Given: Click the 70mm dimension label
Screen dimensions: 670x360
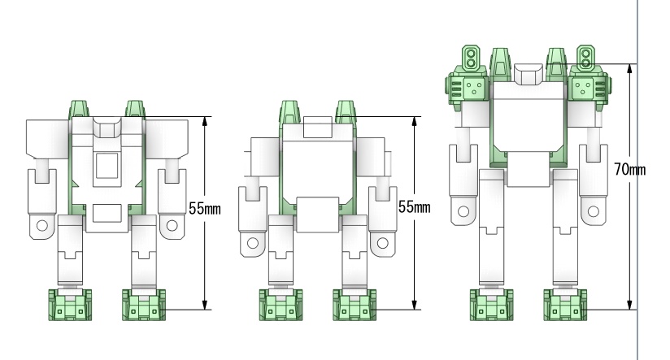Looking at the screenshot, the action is [x=630, y=169].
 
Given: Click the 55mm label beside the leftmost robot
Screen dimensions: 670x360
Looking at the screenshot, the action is [x=205, y=208].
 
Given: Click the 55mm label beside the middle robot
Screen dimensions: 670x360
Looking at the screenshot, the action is [x=414, y=206].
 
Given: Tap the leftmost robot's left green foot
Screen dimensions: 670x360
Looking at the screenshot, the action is [x=70, y=305].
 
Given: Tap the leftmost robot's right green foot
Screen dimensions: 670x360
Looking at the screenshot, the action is [x=144, y=305].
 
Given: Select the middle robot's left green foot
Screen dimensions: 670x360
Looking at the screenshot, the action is [x=281, y=305].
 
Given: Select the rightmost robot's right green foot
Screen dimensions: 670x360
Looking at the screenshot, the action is [x=565, y=305].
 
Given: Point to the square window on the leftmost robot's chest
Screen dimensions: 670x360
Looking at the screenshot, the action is [x=107, y=166].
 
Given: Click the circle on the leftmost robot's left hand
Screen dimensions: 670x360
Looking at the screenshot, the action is [x=42, y=225].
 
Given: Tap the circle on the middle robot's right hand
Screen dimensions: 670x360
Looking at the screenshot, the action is [x=382, y=244].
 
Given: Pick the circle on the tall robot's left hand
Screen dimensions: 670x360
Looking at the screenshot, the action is [x=463, y=211].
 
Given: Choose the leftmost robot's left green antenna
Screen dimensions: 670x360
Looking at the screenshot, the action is [x=79, y=108].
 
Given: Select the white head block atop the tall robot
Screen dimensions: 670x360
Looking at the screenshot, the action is [x=529, y=74].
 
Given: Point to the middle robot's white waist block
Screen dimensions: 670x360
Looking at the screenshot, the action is [x=317, y=215].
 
